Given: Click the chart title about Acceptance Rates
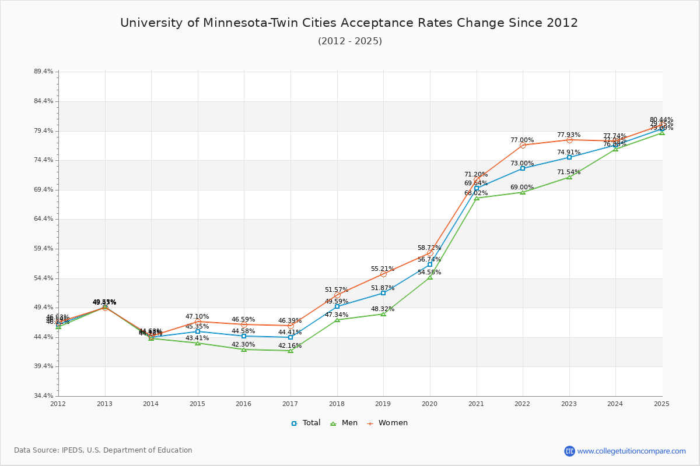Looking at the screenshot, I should coord(349,23).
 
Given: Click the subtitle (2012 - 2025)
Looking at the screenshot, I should coord(349,41).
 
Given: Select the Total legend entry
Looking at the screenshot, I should coord(306,423).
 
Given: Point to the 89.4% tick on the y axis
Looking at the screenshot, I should coord(44,72).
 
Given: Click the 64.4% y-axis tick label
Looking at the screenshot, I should coord(44,219).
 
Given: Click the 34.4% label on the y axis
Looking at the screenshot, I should coord(44,396).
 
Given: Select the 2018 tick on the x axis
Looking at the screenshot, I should coord(337,404).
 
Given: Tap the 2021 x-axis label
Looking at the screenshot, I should coord(476,404).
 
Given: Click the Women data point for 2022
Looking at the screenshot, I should coord(523,145).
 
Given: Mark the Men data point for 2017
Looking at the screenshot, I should coord(290,351).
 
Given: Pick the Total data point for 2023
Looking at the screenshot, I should coord(569,157).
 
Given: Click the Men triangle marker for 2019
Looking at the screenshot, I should coord(383,314).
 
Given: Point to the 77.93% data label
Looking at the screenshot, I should coord(569,135).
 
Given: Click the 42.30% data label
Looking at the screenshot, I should coord(243,344).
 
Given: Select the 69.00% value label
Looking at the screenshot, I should coord(522,188).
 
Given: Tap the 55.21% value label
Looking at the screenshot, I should coord(383,269).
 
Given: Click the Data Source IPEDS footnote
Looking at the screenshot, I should coord(103,450).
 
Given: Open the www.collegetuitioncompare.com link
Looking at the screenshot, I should coord(631,451).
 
